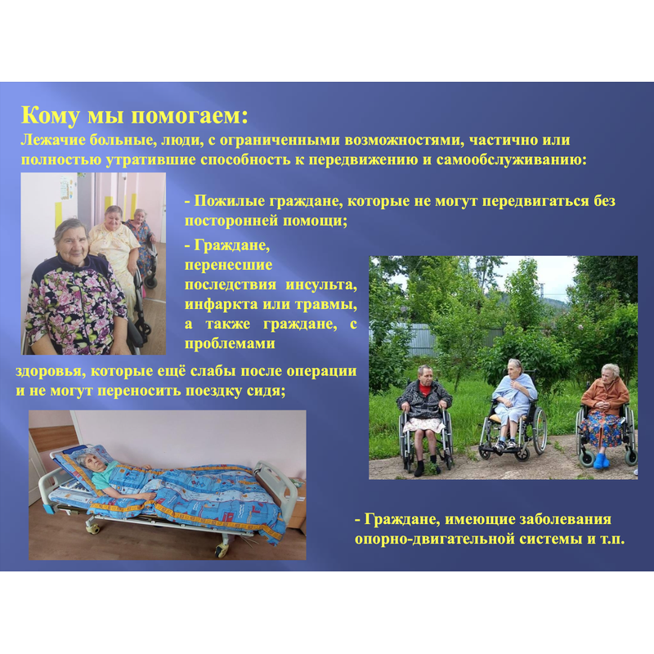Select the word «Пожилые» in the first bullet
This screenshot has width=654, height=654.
(x=230, y=201)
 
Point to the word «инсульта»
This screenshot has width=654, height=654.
(x=321, y=284)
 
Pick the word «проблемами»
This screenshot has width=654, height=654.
(x=230, y=343)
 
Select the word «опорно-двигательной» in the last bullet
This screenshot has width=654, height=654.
(x=434, y=539)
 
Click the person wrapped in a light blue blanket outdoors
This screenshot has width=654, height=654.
(x=513, y=401)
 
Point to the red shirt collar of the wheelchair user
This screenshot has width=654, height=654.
(x=424, y=388)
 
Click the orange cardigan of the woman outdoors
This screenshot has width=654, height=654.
(x=605, y=396)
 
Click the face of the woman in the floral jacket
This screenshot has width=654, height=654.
(x=72, y=241)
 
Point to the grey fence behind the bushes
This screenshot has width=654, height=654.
(x=417, y=337)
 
